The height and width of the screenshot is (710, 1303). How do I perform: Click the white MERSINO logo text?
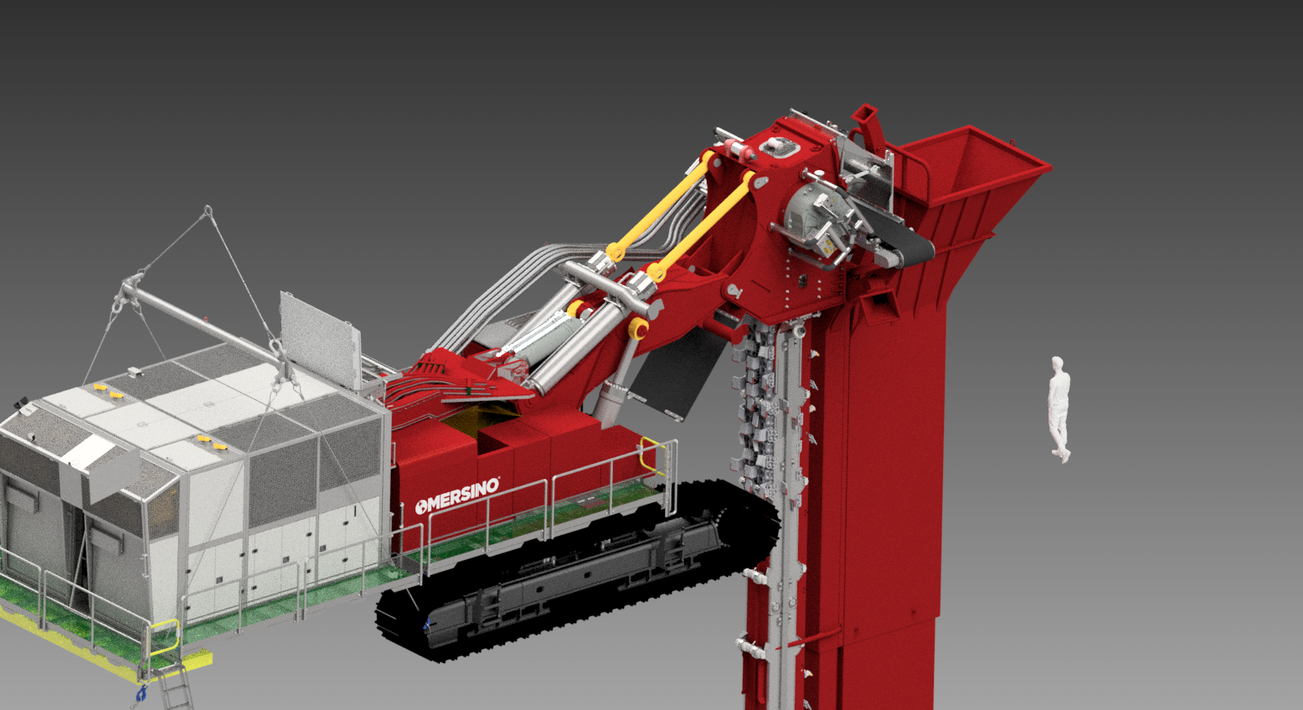[457, 496]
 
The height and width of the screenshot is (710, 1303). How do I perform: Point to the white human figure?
[1059, 409]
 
